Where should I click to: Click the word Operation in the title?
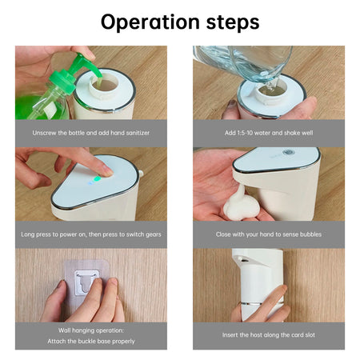[150, 22]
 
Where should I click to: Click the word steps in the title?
[233, 22]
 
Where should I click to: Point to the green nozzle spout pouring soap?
[88, 66]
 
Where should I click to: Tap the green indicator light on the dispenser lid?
[98, 178]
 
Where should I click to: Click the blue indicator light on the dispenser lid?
[91, 183]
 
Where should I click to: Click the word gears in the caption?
[154, 234]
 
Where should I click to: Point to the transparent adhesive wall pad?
[86, 286]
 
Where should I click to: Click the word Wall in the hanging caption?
[64, 330]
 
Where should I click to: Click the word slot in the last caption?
[310, 335]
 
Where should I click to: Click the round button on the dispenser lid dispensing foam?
[289, 152]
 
